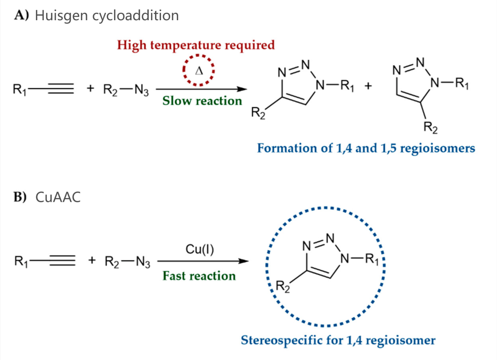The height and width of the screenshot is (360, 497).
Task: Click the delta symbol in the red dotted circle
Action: [x=199, y=71]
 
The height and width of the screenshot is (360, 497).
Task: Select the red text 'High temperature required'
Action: [x=196, y=45]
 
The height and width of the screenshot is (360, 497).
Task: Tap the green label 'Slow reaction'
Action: [x=202, y=101]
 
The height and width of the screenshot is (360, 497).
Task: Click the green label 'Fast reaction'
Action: [x=199, y=276]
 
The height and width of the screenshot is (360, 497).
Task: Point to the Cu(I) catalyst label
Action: [x=200, y=250]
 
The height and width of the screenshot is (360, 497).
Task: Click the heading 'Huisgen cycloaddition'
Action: [x=107, y=16]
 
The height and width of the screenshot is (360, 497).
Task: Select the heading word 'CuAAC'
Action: [x=58, y=197]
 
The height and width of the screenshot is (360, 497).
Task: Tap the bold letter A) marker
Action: [x=22, y=15]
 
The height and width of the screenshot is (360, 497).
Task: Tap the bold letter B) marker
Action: [x=20, y=197]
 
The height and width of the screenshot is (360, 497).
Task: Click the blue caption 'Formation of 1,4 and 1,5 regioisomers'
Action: [x=366, y=148]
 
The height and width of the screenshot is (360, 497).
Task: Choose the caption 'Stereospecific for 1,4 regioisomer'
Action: [x=338, y=340]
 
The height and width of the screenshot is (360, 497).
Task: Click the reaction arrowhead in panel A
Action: [x=242, y=89]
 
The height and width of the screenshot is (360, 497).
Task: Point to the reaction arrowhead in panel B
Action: [x=243, y=261]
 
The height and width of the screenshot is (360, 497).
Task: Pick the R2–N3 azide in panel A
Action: [x=126, y=90]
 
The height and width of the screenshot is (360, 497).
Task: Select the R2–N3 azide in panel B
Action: [x=127, y=262]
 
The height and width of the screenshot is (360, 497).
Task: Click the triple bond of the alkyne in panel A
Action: [x=61, y=89]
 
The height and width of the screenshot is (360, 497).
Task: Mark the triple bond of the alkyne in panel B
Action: [x=62, y=261]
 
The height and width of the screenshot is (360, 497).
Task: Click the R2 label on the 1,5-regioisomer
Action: [x=430, y=127]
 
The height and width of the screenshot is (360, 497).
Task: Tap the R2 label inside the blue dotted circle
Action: [x=283, y=287]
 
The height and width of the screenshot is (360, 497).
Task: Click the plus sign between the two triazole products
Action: [x=368, y=86]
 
